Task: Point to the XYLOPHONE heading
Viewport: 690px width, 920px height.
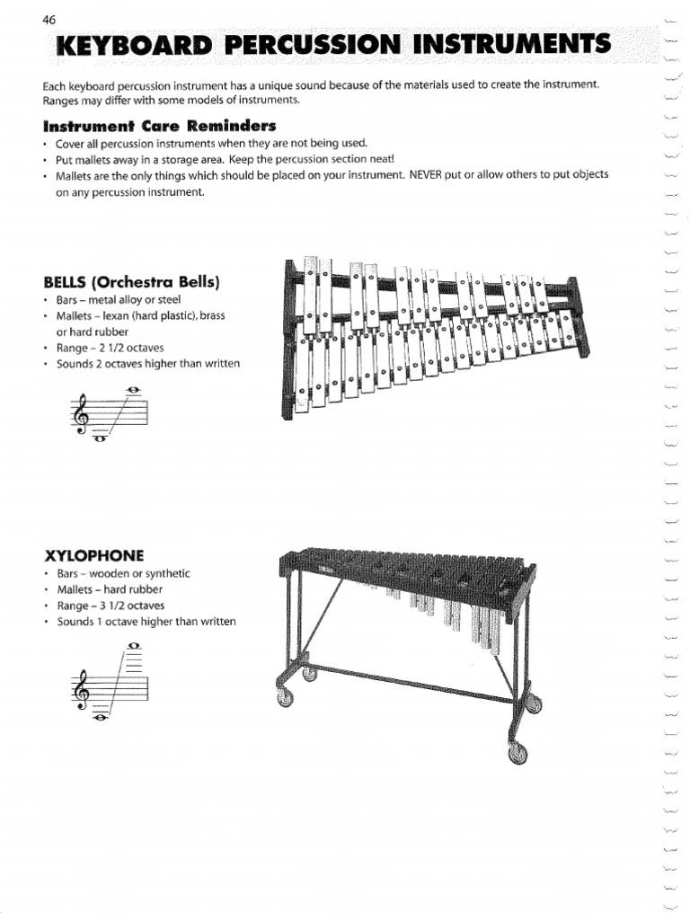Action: pos(93,554)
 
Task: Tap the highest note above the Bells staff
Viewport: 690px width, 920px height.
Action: pos(134,389)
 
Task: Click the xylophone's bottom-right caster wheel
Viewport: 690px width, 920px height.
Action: pos(517,752)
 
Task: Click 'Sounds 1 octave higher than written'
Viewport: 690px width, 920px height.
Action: pos(146,622)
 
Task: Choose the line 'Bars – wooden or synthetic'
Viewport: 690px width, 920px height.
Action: pos(123,573)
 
